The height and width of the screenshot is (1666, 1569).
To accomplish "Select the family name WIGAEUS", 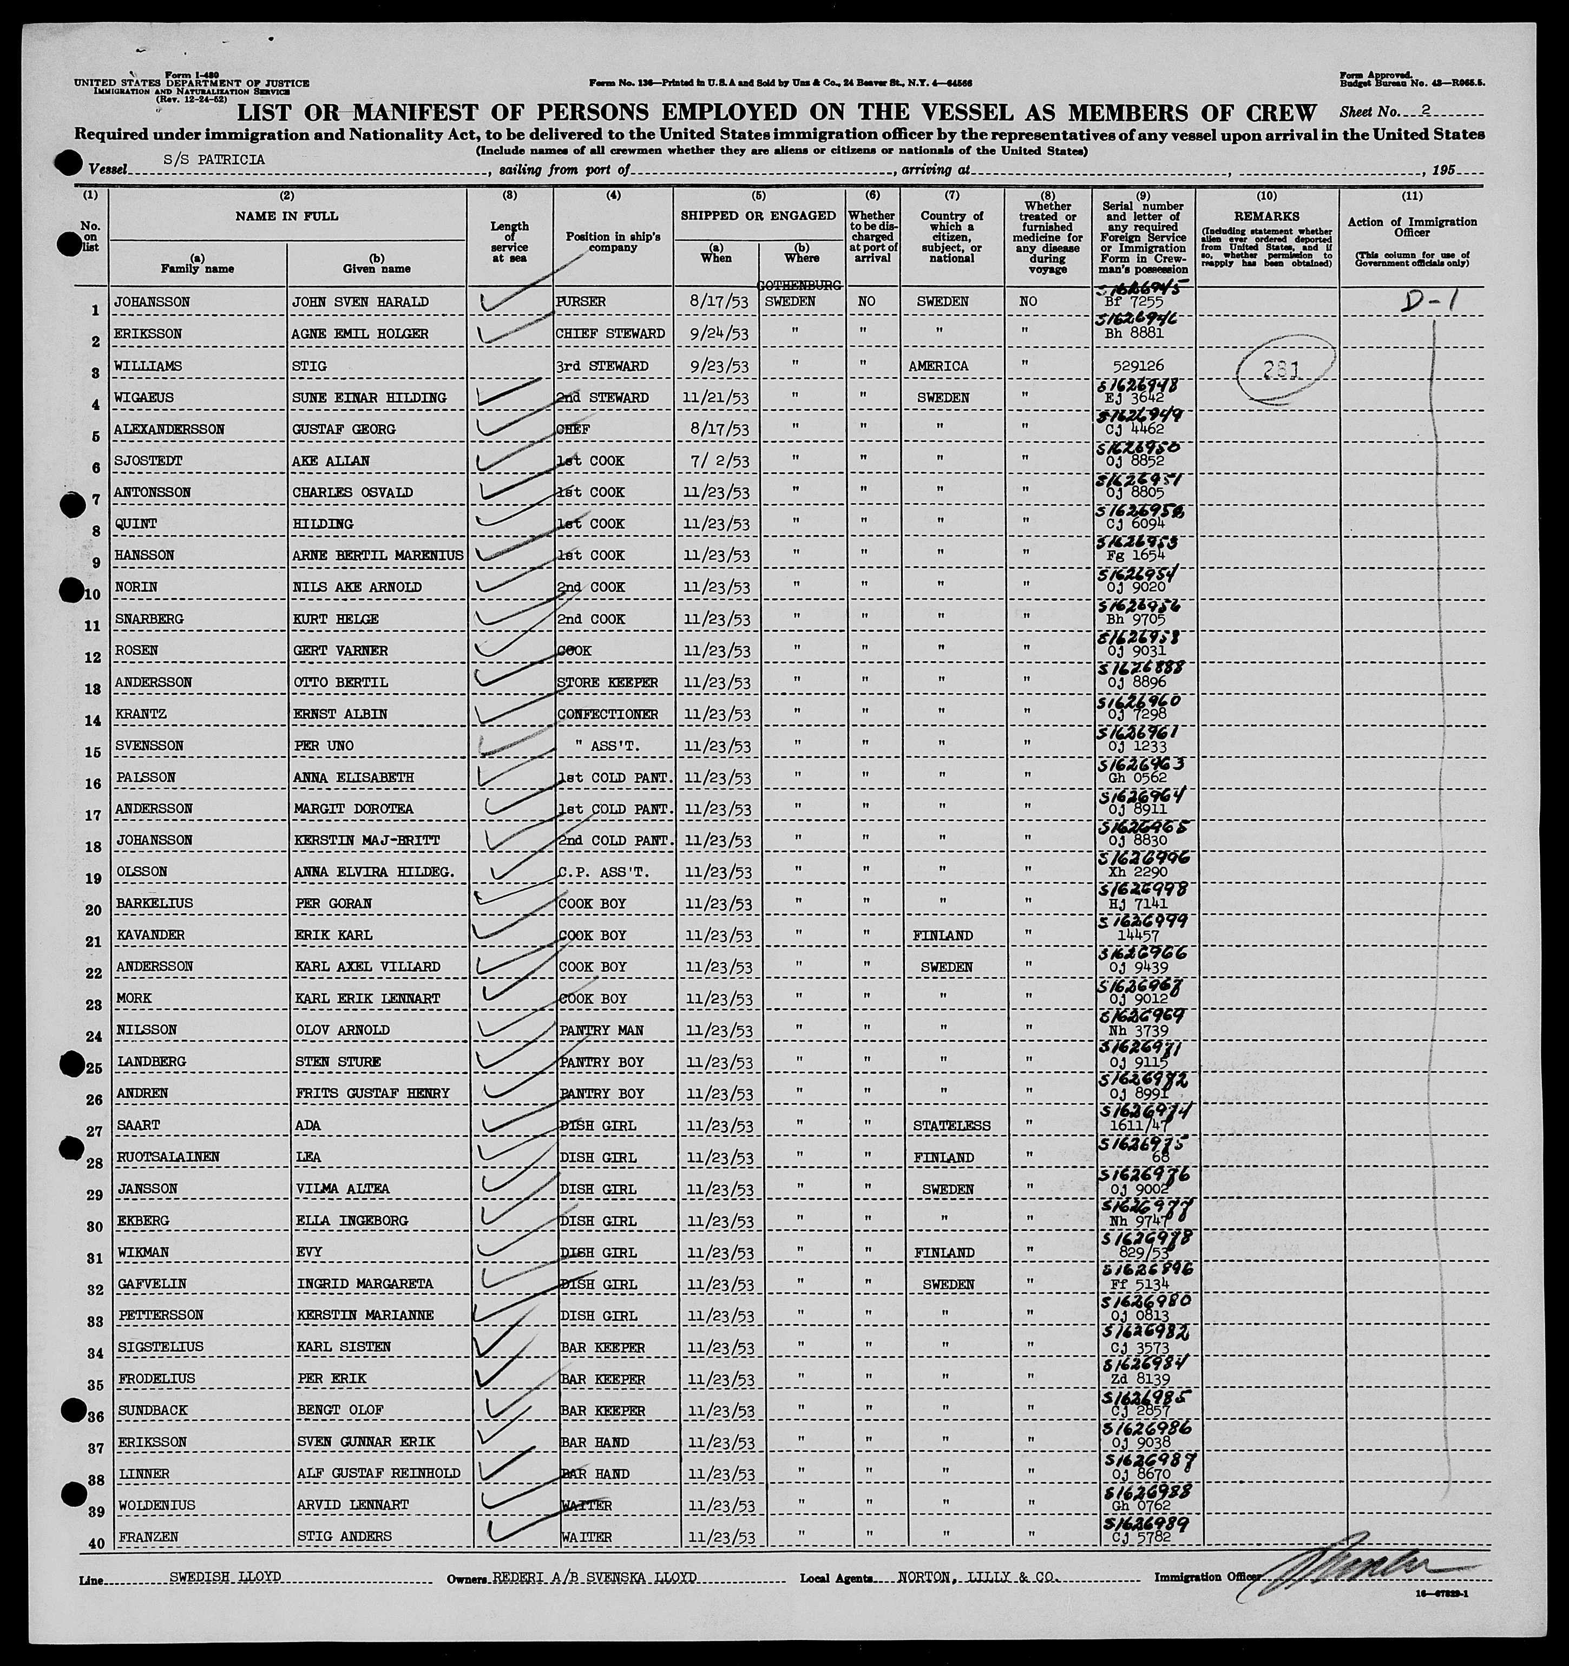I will (x=145, y=397).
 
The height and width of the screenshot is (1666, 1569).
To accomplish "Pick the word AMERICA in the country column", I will (x=942, y=366).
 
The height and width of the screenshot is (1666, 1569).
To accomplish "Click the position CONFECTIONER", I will (x=607, y=714).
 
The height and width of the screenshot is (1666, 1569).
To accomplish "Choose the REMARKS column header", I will (x=1266, y=216).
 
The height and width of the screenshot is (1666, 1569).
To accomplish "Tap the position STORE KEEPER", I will (x=607, y=682).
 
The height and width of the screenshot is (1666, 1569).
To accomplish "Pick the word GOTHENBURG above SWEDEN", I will (x=799, y=286).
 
